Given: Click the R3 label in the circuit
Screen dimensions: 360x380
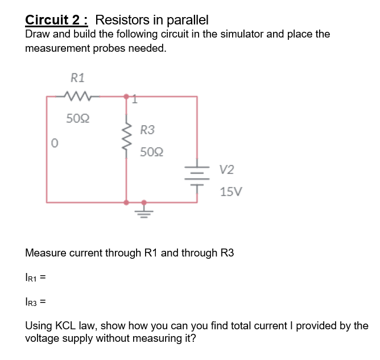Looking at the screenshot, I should pos(147,130).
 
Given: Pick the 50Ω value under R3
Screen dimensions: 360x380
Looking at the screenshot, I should pos(152,152).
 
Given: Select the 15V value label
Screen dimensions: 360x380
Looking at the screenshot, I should pos(231,192).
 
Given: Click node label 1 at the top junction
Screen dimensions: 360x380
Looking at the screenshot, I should pos(134,101).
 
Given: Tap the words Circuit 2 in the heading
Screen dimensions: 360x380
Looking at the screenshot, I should pos(56,20).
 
